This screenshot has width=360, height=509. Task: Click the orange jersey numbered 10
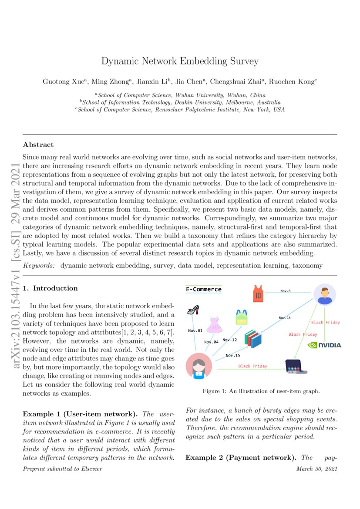[x=258, y=293]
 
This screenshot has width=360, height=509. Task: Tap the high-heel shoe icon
[x=193, y=310]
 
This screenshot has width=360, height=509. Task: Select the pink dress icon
[x=214, y=325]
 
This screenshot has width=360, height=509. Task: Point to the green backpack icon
[x=241, y=317]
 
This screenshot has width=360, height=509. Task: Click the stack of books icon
[x=253, y=338]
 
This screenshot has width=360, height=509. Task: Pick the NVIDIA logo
[x=325, y=345]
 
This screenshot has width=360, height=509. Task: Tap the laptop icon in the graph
[x=296, y=366]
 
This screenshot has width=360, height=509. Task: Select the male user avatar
[x=324, y=295]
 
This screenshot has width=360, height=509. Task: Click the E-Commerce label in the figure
[x=203, y=289]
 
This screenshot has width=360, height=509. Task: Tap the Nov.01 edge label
[x=195, y=331]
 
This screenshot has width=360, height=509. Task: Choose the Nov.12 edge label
[x=229, y=340]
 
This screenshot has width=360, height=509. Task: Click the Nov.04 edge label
[x=212, y=342]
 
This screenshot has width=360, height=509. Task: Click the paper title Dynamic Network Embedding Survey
[x=180, y=61]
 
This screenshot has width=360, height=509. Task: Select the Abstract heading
[x=38, y=145]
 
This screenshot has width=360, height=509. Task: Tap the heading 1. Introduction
[x=50, y=288]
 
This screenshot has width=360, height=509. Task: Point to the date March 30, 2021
[x=316, y=469]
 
